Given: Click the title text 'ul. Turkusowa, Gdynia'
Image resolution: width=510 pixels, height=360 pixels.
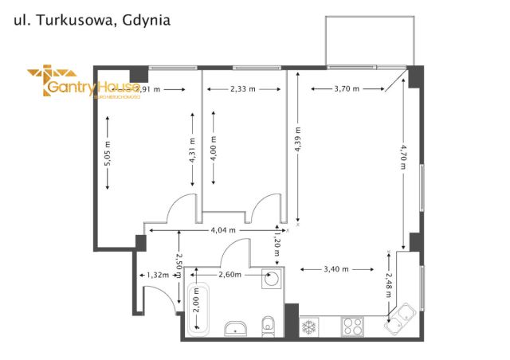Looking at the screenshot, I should [92, 20].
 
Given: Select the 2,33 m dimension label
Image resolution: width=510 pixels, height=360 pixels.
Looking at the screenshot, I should [242, 89].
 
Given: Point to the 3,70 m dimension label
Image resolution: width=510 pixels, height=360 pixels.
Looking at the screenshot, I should [347, 89].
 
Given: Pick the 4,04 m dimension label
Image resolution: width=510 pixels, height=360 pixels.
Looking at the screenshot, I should [223, 230].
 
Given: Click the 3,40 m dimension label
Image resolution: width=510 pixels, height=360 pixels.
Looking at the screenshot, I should [337, 268].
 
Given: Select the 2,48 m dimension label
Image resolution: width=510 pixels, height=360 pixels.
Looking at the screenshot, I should [388, 284].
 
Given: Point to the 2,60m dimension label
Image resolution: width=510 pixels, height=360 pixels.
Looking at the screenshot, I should [229, 275].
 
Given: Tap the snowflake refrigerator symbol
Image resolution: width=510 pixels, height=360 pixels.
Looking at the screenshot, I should [308, 326].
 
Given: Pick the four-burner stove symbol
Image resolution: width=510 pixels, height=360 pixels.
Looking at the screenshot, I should [352, 326].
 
